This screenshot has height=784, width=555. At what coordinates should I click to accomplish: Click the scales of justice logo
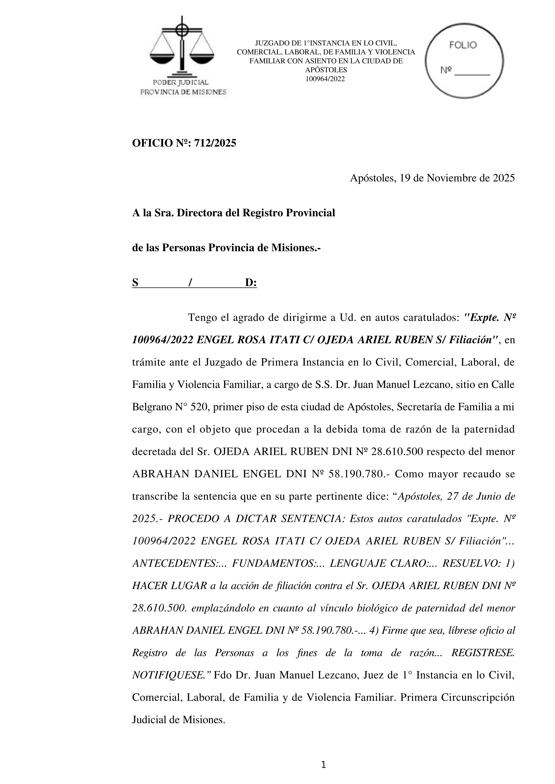coord(182,48)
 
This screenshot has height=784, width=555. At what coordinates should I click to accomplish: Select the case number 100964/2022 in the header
coord(325,79)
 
